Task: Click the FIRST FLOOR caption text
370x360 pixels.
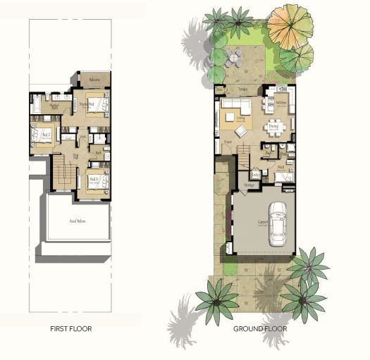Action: pos(70,328)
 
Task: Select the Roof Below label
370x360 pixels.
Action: pos(77,221)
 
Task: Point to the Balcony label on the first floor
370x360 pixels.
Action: pos(94,80)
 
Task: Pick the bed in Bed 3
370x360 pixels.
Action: pos(99,181)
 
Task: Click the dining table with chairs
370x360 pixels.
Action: pos(276,128)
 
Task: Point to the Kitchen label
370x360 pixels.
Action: pos(281,103)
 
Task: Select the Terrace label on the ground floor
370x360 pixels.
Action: pos(243,90)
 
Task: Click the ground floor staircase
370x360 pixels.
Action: pos(242,156)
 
